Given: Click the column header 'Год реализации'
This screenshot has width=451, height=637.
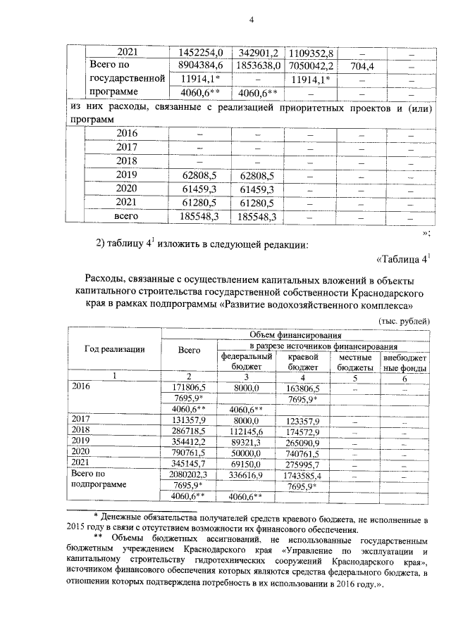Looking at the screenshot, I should [x=115, y=348].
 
